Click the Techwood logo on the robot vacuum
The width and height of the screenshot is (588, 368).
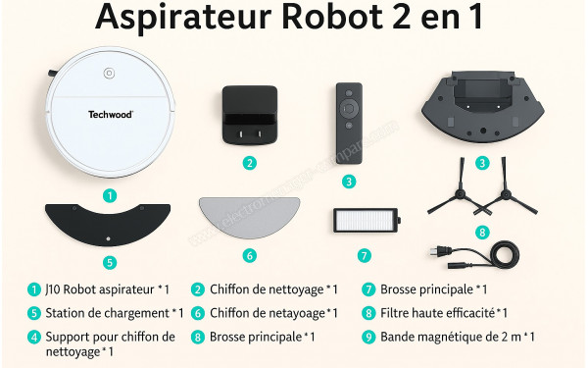pos(111,115)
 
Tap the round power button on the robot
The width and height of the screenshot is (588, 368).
pos(110,73)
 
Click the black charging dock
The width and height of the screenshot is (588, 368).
pos(250,116)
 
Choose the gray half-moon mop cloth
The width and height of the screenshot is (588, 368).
pos(249,218)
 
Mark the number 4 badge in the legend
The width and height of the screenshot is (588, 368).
pos(34,337)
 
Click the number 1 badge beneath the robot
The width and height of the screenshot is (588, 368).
pos(110,195)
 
